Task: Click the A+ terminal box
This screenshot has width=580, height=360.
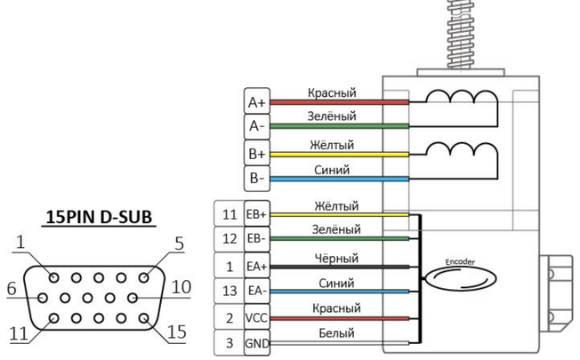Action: click(257, 101)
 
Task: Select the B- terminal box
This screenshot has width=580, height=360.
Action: click(257, 179)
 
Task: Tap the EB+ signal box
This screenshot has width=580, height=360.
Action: click(257, 213)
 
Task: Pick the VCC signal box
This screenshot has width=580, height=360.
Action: click(257, 317)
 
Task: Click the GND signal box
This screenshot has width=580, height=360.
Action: click(257, 342)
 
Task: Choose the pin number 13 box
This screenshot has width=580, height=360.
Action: click(230, 292)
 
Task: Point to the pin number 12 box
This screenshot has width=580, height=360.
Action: click(230, 239)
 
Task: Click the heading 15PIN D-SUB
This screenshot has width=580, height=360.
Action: click(99, 217)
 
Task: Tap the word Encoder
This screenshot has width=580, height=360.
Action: click(460, 262)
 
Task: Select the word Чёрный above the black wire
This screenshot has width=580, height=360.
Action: click(336, 258)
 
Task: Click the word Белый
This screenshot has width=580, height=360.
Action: click(336, 333)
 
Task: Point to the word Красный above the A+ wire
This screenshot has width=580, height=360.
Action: click(332, 92)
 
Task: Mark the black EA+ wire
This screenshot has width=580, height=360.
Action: click(340, 267)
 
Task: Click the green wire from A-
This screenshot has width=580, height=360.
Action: click(340, 126)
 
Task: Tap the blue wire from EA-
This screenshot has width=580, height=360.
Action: click(340, 292)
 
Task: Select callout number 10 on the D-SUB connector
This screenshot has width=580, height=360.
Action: click(181, 287)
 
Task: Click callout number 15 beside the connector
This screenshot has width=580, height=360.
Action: click(177, 332)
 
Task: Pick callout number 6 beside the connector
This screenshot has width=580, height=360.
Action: click(12, 288)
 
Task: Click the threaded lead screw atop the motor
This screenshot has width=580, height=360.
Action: click(461, 35)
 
